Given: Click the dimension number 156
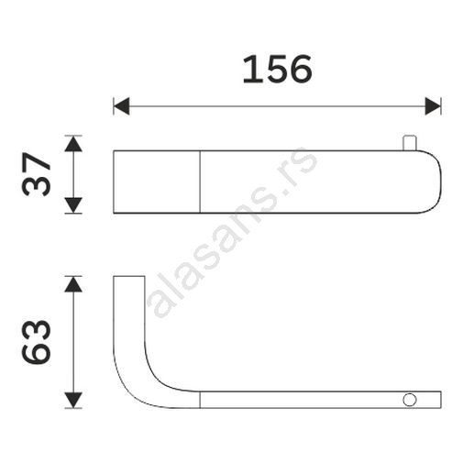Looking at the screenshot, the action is (278, 70).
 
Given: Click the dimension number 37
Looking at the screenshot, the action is (36, 174).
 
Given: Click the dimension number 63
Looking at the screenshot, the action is (36, 342).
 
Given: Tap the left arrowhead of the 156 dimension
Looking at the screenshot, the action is (121, 106).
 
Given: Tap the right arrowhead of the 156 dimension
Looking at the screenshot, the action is (433, 106).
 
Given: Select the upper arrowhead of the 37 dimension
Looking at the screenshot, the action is (73, 144).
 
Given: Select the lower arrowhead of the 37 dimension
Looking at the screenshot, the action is (73, 205).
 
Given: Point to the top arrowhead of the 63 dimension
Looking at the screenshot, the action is (73, 284).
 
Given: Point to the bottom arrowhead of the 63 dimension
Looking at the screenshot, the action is (73, 400).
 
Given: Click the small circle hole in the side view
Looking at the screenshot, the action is (410, 400).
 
